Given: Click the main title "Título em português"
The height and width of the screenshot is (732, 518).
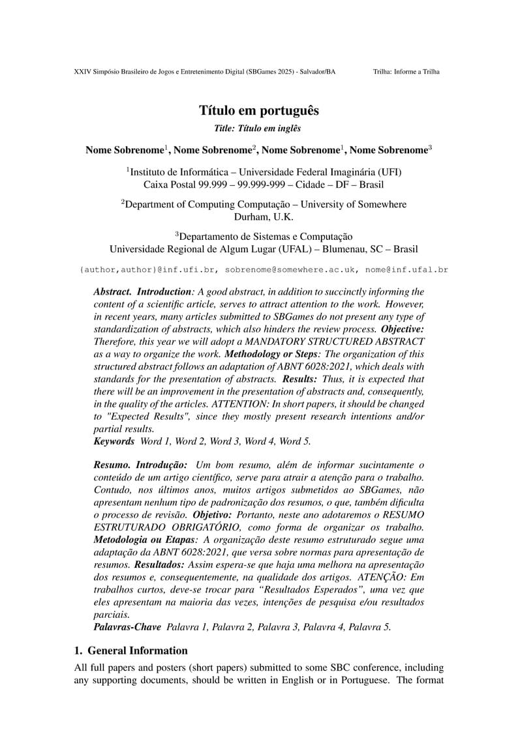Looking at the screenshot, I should [x=259, y=111].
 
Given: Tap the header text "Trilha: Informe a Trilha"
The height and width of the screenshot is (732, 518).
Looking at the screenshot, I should [x=406, y=72].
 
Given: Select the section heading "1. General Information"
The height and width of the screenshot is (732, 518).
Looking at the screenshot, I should [x=130, y=651].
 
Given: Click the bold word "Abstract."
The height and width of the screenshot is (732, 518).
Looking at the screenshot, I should [x=112, y=292].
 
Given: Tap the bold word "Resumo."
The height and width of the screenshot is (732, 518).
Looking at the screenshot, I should [x=112, y=465].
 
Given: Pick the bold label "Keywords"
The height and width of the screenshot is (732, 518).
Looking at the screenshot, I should [x=114, y=441].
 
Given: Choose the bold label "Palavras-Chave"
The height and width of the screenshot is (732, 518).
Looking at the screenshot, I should [x=127, y=627].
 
